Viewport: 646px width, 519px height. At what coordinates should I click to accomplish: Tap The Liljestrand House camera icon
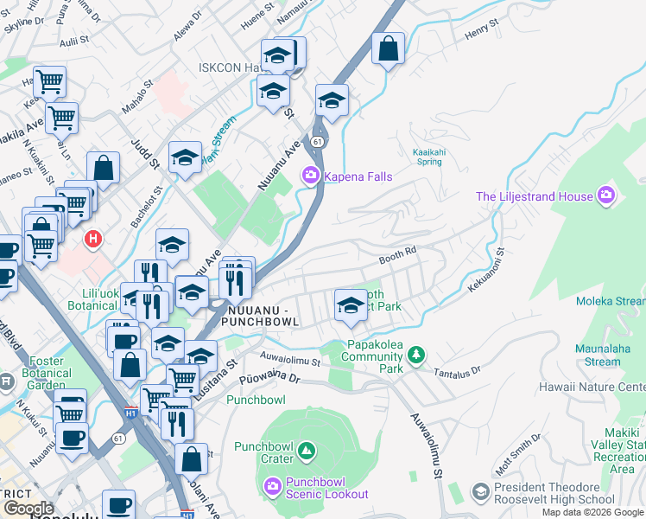606,196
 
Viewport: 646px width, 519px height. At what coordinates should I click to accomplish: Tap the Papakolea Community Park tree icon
416,355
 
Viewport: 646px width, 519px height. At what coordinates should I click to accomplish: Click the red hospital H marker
91,237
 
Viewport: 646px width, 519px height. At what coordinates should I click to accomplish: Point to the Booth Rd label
398,258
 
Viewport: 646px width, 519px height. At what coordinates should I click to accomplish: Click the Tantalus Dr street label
458,370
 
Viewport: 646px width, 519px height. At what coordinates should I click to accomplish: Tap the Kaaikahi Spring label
429,156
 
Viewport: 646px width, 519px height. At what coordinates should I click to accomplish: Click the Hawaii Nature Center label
592,387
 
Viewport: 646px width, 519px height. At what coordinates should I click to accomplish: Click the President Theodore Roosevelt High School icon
480,492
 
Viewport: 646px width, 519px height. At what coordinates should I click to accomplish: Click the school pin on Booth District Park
350,304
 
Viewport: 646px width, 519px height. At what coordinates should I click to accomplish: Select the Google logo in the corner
28,509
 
